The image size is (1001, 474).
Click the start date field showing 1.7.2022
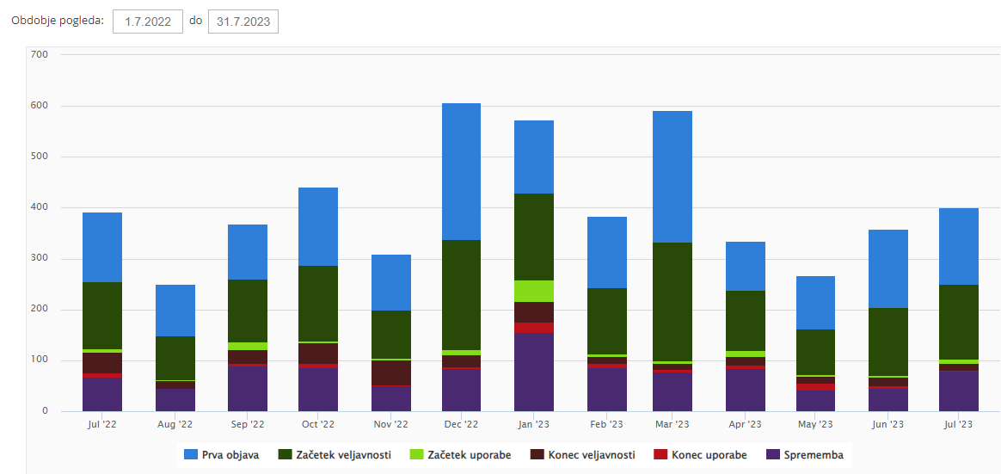pos(148,22)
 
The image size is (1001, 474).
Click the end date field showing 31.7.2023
pos(243,22)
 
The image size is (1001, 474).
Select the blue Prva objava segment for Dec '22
pos(461,171)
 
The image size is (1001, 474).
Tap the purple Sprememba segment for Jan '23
pos(533,372)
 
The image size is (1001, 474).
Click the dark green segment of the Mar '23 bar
pos(672,301)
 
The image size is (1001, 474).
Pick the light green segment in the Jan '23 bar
pos(533,291)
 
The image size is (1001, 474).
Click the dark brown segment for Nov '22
pos(391,372)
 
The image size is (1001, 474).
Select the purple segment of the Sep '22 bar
pos(248,388)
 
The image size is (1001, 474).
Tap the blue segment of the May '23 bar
pos(815,303)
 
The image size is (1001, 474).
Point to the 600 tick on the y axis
pos(39,106)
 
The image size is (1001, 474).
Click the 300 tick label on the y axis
pos(39,258)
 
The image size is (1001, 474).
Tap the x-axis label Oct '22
pos(318,424)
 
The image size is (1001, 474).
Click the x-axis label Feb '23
pos(606,424)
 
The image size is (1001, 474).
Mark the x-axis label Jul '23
pos(959,424)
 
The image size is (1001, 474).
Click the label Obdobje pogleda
pos(58,21)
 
